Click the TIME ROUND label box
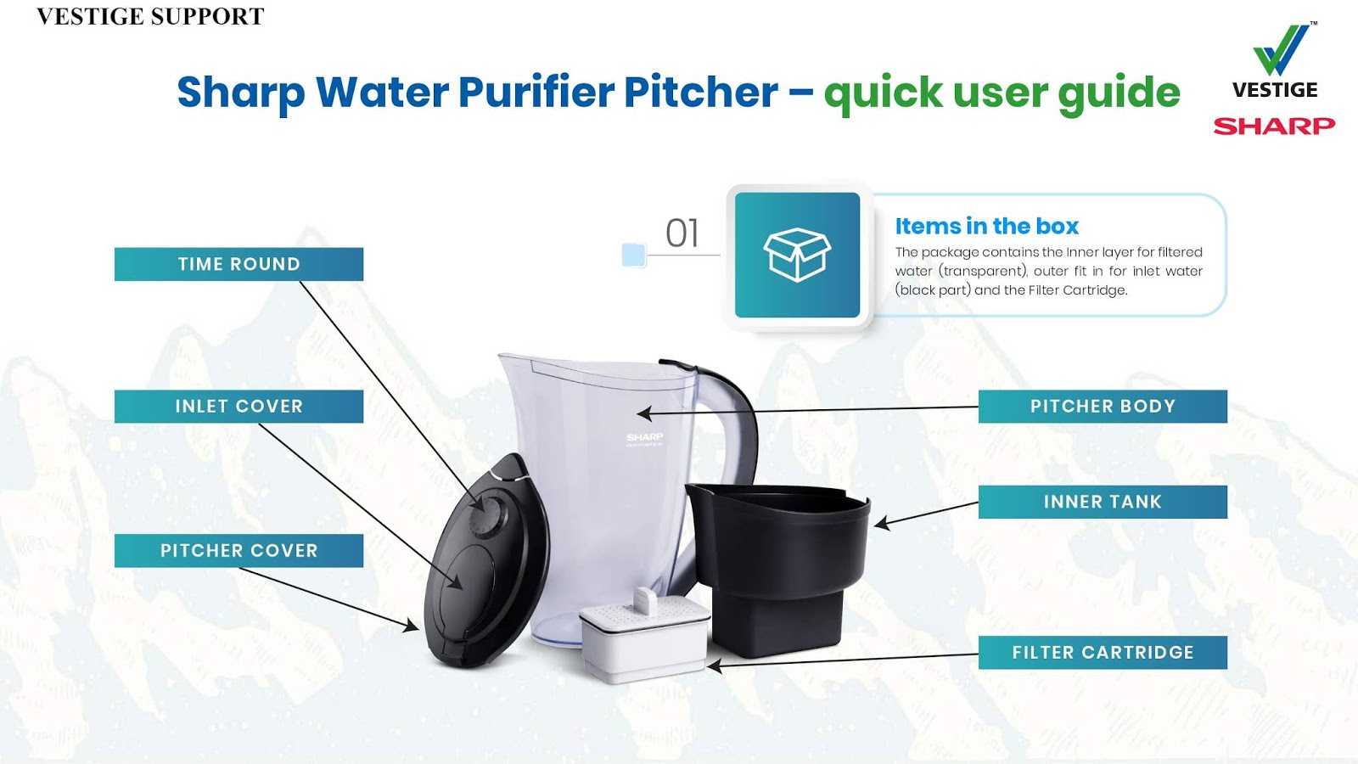pyautogui.click(x=238, y=264)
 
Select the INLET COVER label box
pyautogui.click(x=238, y=407)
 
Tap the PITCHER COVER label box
pyautogui.click(x=238, y=551)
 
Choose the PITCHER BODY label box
pyautogui.click(x=1103, y=407)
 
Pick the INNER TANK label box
pyautogui.click(x=1103, y=502)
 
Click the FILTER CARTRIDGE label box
pyautogui.click(x=1103, y=653)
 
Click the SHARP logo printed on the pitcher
pyautogui.click(x=645, y=437)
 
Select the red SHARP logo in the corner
pyautogui.click(x=1274, y=126)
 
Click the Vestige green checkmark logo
pyautogui.click(x=1282, y=51)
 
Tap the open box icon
pyautogui.click(x=797, y=255)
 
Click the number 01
pyautogui.click(x=682, y=233)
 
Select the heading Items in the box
pyautogui.click(x=986, y=227)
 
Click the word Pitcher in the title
pyautogui.click(x=701, y=92)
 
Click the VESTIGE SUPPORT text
pyautogui.click(x=150, y=17)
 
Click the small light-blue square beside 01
pyautogui.click(x=634, y=255)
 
